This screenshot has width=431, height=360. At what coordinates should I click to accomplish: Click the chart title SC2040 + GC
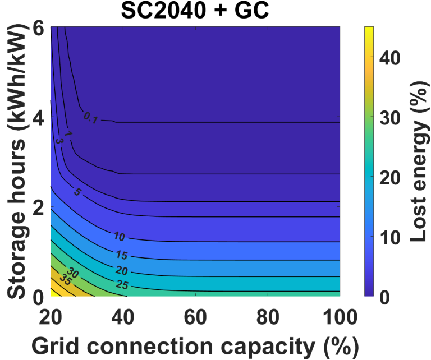(x=195, y=11)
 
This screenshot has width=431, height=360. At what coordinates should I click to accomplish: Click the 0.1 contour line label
(x=91, y=117)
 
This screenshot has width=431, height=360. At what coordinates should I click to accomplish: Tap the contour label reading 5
(x=76, y=192)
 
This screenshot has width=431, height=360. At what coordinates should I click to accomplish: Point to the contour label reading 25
(x=122, y=285)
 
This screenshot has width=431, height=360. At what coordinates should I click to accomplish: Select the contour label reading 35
(x=65, y=281)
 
